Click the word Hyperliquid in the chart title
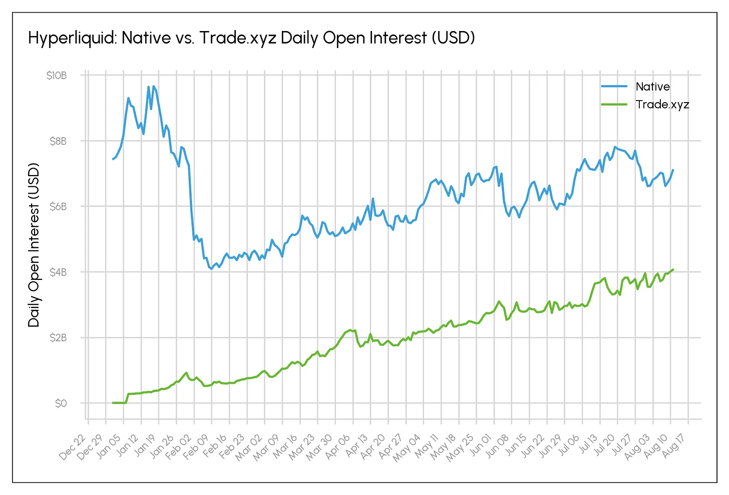(x=73, y=38)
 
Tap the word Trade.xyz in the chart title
(x=238, y=38)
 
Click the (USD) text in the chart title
(x=453, y=38)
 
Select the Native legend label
(x=652, y=87)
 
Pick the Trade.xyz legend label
(x=662, y=105)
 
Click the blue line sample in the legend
(x=614, y=86)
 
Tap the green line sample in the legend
(x=614, y=105)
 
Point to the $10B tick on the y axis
(x=57, y=76)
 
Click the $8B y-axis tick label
(x=58, y=141)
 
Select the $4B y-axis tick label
(x=58, y=272)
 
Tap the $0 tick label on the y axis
(x=61, y=403)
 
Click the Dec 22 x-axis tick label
(x=73, y=446)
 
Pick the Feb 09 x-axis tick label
(x=196, y=446)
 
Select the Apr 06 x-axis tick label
(x=337, y=446)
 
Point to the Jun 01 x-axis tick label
(x=479, y=446)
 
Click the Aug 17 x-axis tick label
(x=673, y=446)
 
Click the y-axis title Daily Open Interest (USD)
(x=34, y=245)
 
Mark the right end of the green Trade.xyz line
(x=673, y=269)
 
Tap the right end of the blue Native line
(x=673, y=170)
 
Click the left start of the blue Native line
(x=113, y=159)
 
